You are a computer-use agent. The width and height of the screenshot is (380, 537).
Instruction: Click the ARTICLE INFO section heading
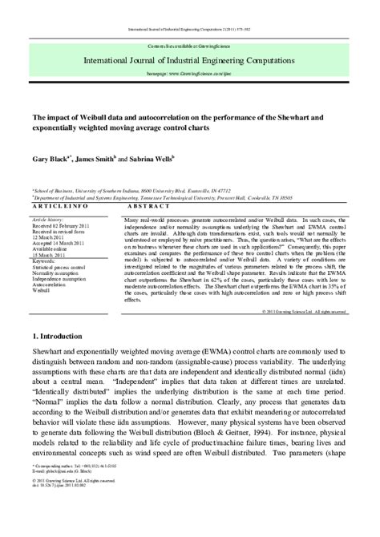tap(59, 207)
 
